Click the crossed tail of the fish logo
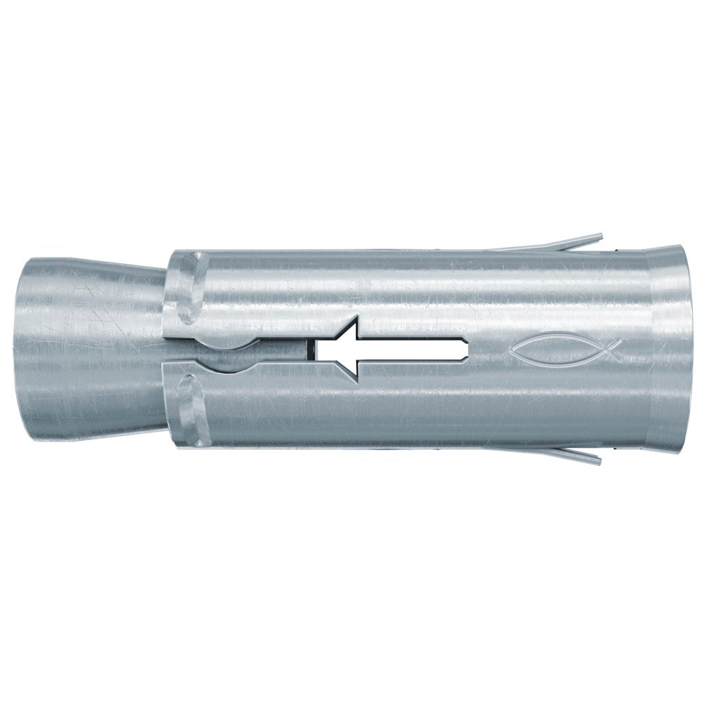click(x=613, y=350)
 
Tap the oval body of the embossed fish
click(x=558, y=350)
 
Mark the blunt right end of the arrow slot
click(x=465, y=349)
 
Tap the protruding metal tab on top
click(x=562, y=243)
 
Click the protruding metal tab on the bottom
click(x=562, y=455)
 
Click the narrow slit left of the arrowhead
click(x=281, y=350)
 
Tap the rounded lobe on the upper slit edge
click(x=232, y=341)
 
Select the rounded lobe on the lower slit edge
click(x=232, y=359)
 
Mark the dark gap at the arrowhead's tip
click(x=310, y=350)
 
